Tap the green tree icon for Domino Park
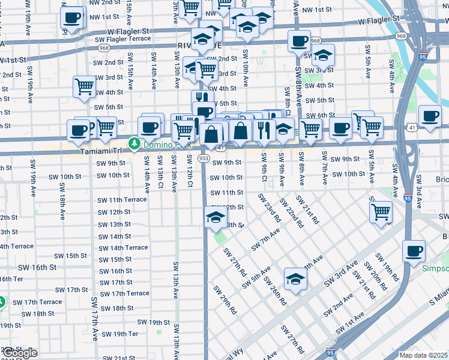pos(135,145)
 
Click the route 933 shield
pos(203,158)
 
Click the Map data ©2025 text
pos(423,355)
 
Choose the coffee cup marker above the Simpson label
pos(414,250)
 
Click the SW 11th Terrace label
pos(122,200)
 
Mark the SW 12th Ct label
pos(189,170)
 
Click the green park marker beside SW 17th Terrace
pos(2,302)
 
